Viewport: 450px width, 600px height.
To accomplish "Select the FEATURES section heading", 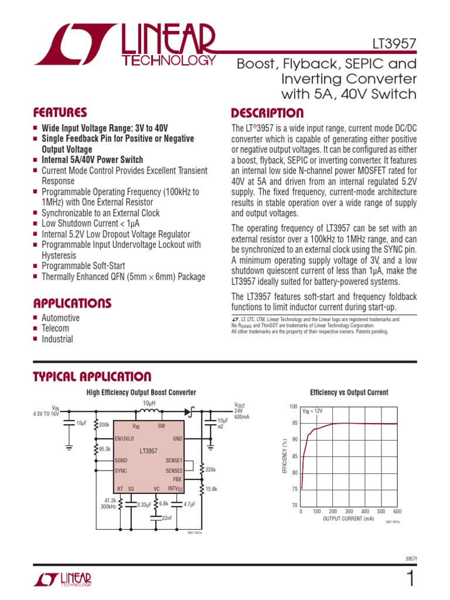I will (x=60, y=112).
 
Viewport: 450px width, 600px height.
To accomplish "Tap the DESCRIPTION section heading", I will (x=267, y=113).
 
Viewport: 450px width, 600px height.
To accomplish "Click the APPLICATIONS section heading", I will (x=72, y=304).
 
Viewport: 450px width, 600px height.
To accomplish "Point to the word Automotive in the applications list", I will (x=60, y=318).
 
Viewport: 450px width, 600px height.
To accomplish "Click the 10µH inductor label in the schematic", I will (x=149, y=404).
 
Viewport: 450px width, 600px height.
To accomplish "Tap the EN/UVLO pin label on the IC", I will (x=125, y=438).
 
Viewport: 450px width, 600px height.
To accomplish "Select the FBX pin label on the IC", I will (x=178, y=479).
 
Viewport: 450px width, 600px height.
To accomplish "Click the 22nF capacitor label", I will (x=167, y=517).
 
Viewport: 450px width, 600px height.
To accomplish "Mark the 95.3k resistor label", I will (x=105, y=449).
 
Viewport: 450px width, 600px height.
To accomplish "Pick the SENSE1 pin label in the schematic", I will (x=174, y=461).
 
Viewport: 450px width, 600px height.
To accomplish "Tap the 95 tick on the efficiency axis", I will (x=294, y=423).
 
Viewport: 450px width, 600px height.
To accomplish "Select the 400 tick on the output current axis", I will (x=365, y=512).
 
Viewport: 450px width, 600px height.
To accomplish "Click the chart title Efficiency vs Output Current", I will (x=349, y=393).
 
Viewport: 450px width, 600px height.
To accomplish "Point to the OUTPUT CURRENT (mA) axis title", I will (x=348, y=519).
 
